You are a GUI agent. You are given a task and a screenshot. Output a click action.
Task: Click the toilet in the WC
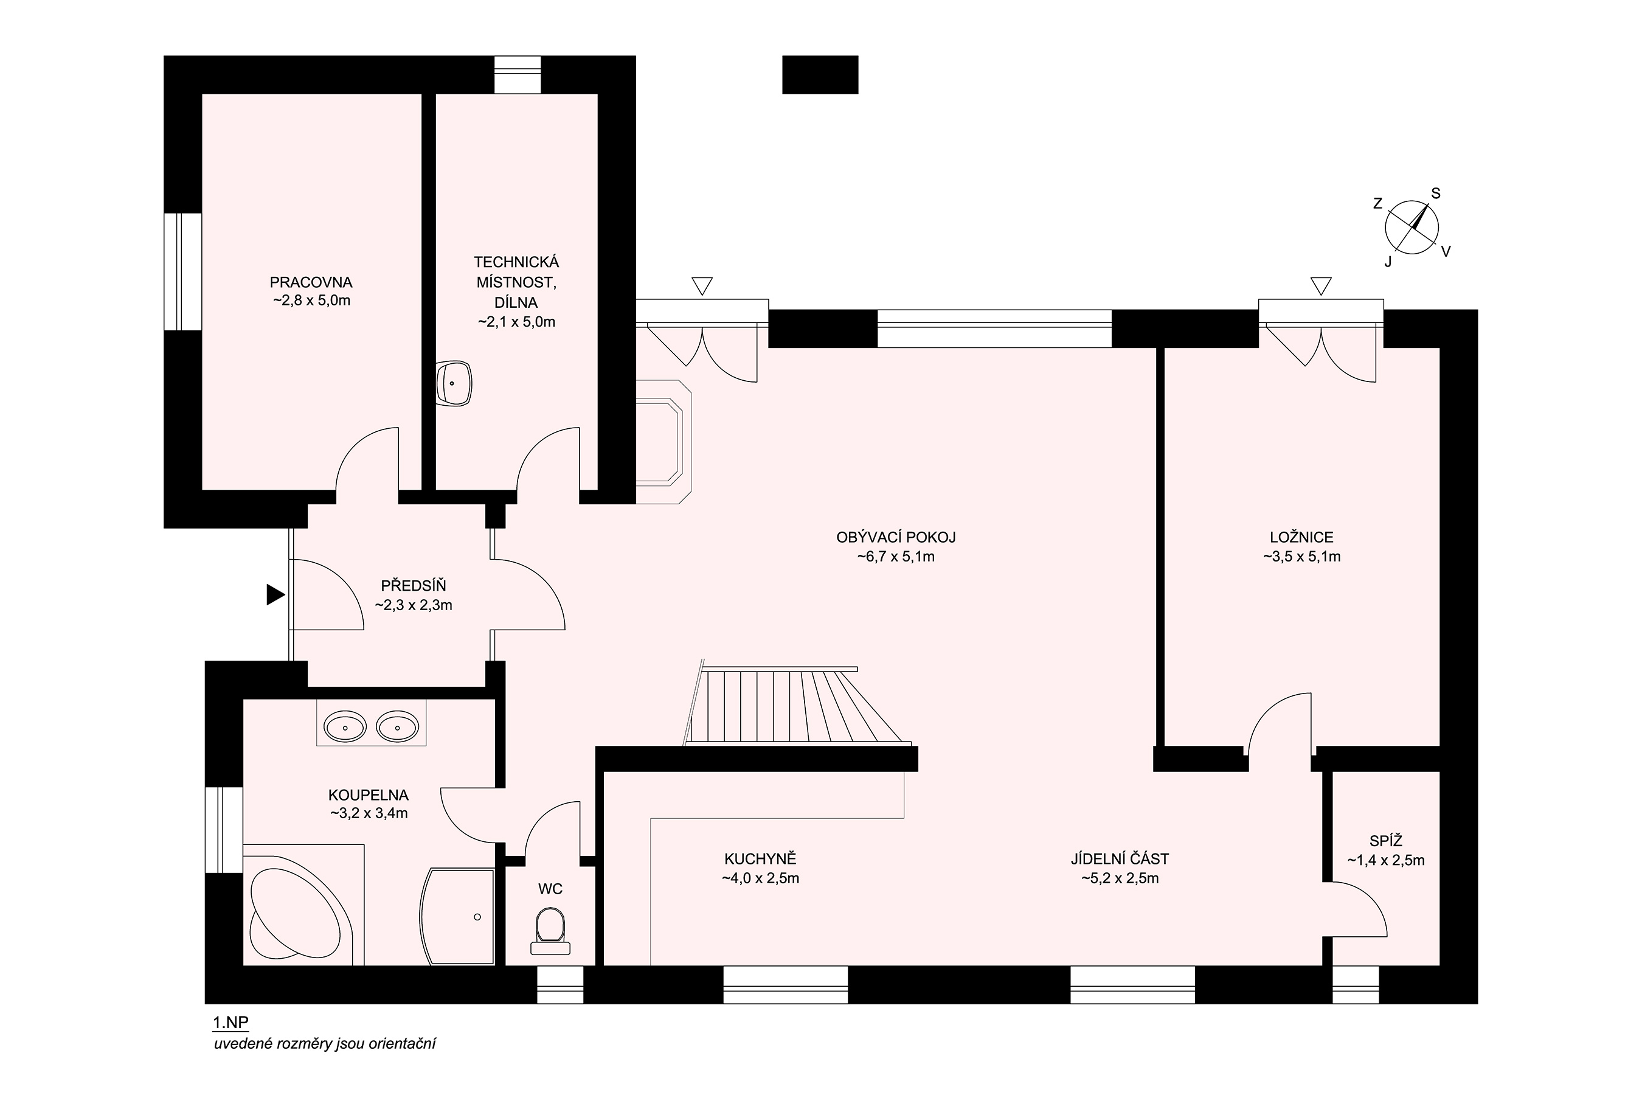coord(550,931)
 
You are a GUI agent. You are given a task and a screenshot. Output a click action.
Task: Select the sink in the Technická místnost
coord(453,383)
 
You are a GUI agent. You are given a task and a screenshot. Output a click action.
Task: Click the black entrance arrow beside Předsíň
coord(275,595)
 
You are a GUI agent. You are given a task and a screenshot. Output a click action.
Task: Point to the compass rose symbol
coord(1412,226)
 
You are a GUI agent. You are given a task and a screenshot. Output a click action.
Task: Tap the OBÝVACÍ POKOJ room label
coord(896,537)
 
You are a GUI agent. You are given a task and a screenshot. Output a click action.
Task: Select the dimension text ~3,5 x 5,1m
coord(1301,557)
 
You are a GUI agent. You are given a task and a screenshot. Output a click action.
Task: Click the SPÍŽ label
coord(1386,841)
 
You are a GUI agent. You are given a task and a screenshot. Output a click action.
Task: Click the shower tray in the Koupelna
coord(458,917)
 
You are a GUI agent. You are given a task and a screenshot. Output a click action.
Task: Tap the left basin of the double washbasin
coord(345,728)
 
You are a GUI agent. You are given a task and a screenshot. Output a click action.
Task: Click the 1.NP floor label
coord(230,1023)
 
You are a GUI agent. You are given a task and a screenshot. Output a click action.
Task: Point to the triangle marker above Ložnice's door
coord(1321,287)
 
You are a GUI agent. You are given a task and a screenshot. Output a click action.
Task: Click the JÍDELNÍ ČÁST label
coord(1120,859)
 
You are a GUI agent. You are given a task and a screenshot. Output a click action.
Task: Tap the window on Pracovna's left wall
coord(183,272)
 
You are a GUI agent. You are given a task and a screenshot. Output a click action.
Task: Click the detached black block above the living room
coord(820,75)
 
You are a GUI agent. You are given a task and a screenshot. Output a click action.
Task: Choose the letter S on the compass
coord(1436,193)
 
